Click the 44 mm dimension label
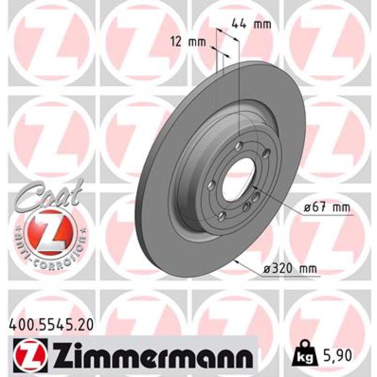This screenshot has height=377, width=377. coord(252,25)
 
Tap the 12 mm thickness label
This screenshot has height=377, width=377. coord(188,42)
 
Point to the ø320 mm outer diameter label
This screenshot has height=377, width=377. coord(290,269)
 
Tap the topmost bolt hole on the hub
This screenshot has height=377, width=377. coord(239,146)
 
